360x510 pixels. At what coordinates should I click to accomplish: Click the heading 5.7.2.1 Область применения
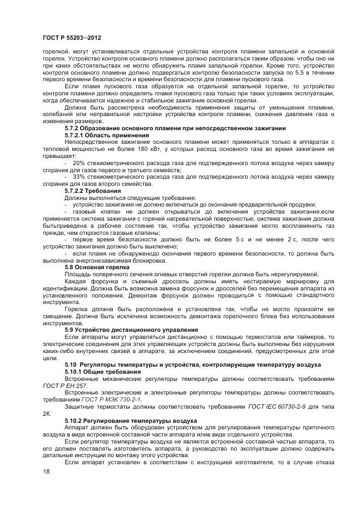point(99,135)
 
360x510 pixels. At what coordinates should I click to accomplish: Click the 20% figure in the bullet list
point(78,163)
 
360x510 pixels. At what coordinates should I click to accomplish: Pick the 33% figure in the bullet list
point(78,178)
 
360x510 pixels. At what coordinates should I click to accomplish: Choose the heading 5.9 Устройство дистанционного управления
point(131,331)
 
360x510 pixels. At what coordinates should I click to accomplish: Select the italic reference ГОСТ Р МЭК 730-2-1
point(111,400)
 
